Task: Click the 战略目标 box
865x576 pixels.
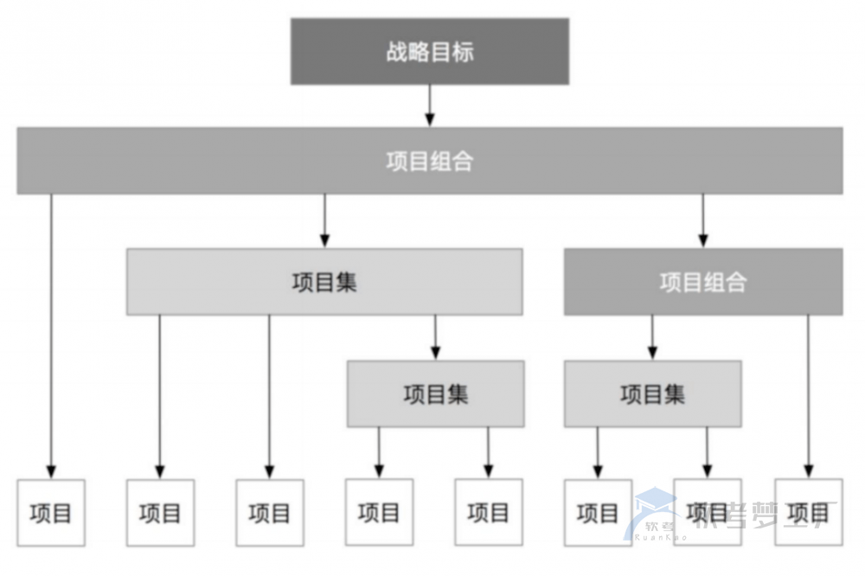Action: tap(429, 52)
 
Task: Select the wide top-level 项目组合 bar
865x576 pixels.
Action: tap(429, 161)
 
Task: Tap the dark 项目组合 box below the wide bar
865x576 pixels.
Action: tap(702, 282)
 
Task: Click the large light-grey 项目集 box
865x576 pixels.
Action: tap(324, 282)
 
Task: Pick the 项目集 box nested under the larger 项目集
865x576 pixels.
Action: tap(435, 394)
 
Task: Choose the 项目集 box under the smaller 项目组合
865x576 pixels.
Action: tap(652, 394)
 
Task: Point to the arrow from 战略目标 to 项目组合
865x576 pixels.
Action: tap(429, 106)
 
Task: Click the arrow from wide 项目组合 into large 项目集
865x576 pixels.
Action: tap(324, 221)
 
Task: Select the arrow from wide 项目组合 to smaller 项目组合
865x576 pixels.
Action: tap(702, 221)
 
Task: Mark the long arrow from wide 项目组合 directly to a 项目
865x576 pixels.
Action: tap(51, 337)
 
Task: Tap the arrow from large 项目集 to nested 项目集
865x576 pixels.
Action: tap(435, 337)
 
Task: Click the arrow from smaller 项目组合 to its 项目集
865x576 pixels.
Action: tap(652, 337)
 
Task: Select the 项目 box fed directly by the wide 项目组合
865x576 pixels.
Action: tap(51, 513)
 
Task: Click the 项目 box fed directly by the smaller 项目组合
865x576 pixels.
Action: tap(809, 512)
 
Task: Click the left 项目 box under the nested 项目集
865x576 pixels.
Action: tap(379, 512)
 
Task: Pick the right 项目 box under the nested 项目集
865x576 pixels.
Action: tap(489, 512)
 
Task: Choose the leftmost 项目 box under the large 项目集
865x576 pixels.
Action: tap(160, 513)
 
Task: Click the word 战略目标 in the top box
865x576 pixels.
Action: tap(429, 52)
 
